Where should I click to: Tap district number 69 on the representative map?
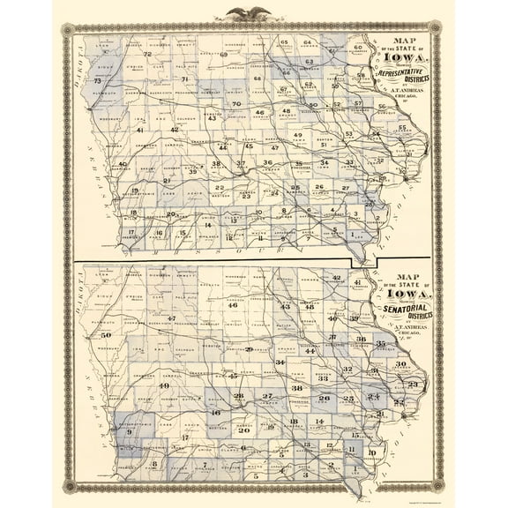[224, 56]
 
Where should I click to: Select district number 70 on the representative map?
[236, 104]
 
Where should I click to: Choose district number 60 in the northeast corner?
[358, 47]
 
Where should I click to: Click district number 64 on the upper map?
[308, 42]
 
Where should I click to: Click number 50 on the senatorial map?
[107, 335]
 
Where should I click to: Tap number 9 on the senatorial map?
[129, 431]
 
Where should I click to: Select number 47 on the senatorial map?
[173, 317]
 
